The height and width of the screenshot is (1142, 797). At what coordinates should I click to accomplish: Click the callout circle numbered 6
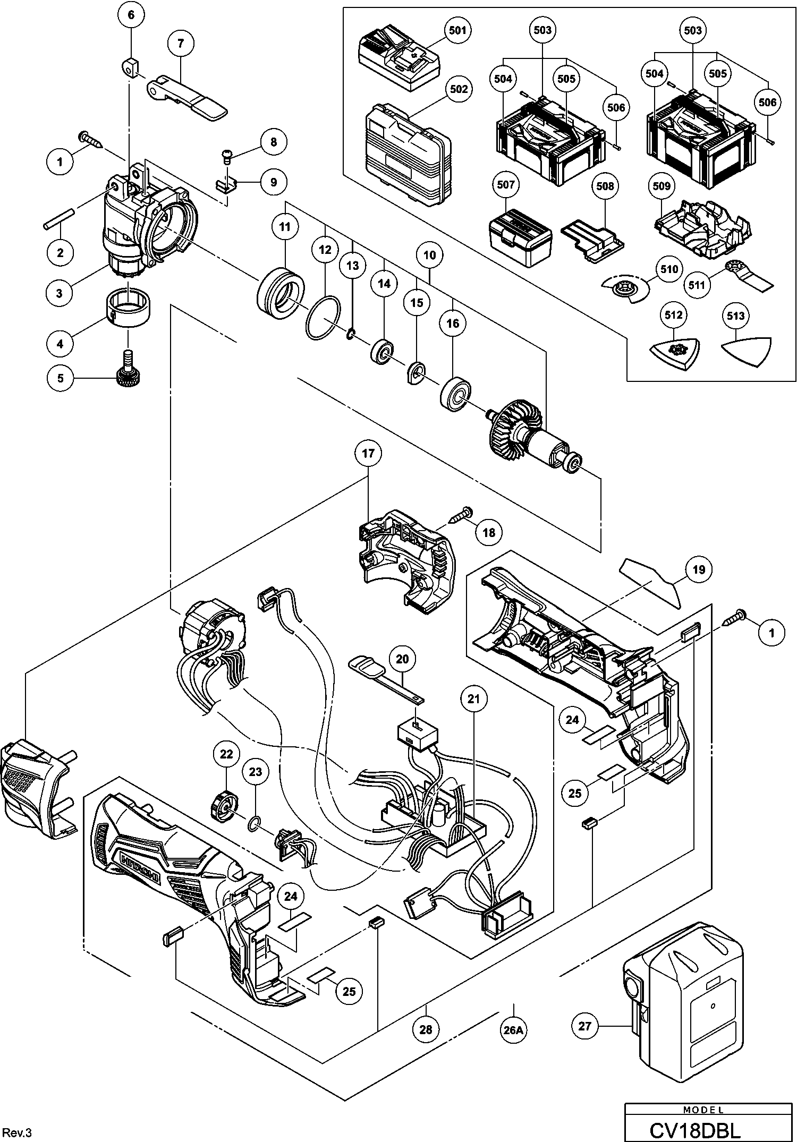click(x=131, y=15)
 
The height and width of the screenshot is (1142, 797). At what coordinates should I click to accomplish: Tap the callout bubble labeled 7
click(x=181, y=44)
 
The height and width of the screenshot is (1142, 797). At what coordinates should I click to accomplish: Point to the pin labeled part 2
click(x=60, y=220)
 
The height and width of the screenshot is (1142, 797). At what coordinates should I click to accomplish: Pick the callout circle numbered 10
click(x=430, y=255)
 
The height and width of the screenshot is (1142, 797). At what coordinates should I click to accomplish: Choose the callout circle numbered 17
click(x=368, y=454)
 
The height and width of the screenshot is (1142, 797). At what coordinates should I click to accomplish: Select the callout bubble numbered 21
click(x=473, y=699)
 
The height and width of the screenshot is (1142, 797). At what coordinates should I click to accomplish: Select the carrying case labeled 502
click(x=408, y=154)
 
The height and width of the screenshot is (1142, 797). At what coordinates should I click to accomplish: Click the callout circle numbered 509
click(x=662, y=186)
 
